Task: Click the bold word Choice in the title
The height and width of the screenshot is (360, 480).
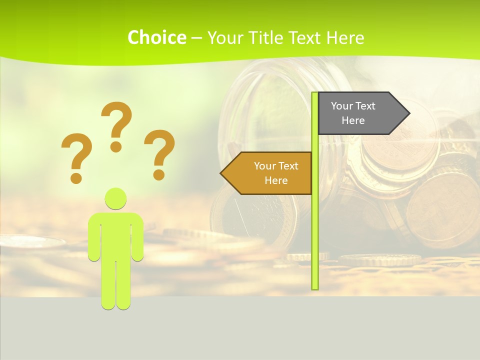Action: (156, 37)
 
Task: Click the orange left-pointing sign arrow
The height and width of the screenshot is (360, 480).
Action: (267, 173)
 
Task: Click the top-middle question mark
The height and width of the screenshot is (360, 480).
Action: (116, 122)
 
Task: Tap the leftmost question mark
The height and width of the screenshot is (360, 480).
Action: (76, 152)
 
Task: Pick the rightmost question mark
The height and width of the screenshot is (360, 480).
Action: (159, 150)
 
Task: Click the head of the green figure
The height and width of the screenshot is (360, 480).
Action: (116, 198)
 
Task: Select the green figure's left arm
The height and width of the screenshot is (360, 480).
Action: (94, 237)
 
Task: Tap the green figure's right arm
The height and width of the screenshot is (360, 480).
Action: (138, 237)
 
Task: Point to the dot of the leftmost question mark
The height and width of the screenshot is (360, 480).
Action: (76, 178)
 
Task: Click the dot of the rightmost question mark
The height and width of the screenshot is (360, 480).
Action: (159, 174)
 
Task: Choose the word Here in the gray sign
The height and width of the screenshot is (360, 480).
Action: (353, 120)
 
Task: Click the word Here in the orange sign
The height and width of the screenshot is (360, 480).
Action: (276, 180)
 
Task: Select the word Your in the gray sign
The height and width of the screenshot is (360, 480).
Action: (342, 106)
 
